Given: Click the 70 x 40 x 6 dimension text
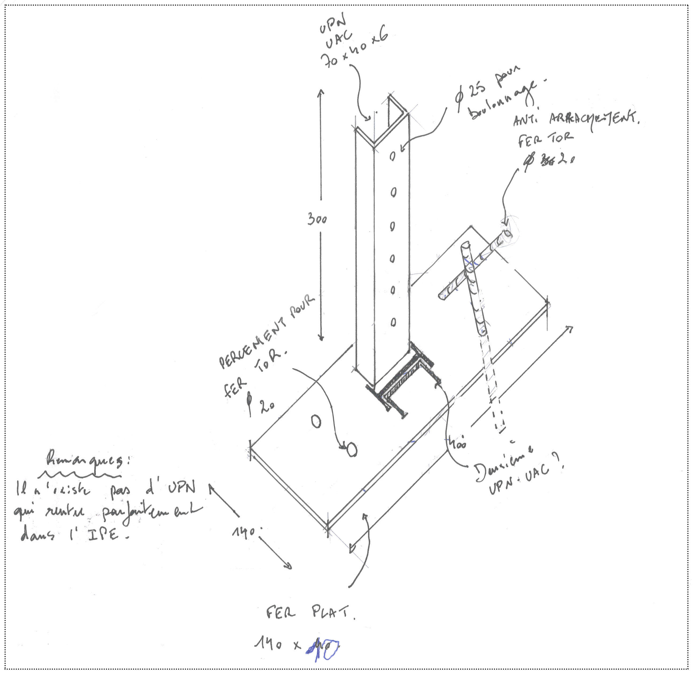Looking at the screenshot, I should [x=355, y=50].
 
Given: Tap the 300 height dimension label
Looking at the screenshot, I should [x=317, y=219].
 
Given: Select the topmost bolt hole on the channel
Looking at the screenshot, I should [x=392, y=156].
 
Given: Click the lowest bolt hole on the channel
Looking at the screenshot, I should [x=393, y=322].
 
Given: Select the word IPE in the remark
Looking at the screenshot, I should [x=103, y=533].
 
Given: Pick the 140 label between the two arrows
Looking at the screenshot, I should [x=244, y=532].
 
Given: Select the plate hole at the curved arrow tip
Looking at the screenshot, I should [x=352, y=450].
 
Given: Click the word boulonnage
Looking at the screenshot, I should [x=504, y=99].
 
